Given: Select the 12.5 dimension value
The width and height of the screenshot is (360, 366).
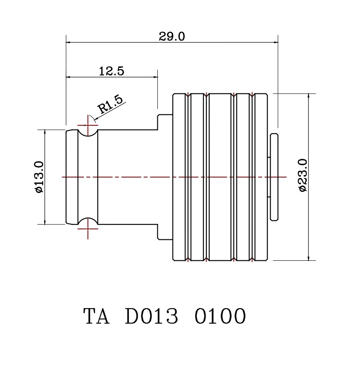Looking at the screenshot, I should coord(111,71).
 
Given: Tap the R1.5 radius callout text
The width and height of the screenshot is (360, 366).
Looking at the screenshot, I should coord(110,105).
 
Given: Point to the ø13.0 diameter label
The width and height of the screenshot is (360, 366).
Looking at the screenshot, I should coord(39,177).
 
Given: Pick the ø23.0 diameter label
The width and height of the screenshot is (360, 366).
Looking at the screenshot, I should coord(303,175).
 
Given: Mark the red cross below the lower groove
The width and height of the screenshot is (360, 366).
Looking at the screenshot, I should coord(88,229).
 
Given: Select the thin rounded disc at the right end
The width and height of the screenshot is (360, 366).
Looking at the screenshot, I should coord(274,177).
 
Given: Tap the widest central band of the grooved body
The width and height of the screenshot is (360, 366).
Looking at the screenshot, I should coord(220,177).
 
